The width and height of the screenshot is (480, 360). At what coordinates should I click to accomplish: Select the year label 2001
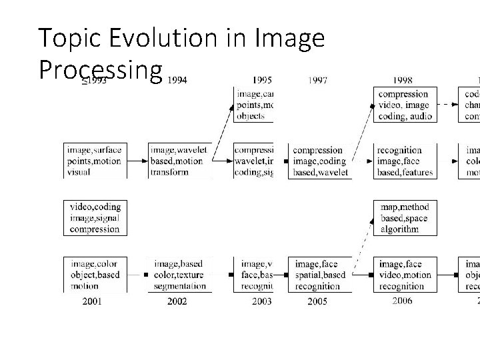click(92, 301)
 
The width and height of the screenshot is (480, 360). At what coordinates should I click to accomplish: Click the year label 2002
click(177, 301)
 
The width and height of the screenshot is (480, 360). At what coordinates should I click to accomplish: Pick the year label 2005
click(318, 302)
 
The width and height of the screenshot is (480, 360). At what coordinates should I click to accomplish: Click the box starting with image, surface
click(93, 161)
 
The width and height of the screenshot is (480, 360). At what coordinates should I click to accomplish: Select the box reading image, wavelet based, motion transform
click(179, 161)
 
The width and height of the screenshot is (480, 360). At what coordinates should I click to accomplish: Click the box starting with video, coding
click(93, 218)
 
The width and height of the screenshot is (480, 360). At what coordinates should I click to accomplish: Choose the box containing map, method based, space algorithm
click(403, 218)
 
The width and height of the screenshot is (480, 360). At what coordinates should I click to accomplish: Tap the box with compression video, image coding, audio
click(403, 105)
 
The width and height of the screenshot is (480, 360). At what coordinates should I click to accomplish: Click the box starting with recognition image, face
click(403, 161)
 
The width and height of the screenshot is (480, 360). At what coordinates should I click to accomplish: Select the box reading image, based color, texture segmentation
click(179, 275)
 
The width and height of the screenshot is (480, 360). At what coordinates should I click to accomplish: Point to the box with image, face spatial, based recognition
click(319, 275)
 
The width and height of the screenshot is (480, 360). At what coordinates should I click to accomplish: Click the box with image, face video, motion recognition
click(403, 275)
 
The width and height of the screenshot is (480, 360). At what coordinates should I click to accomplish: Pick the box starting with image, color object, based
click(93, 275)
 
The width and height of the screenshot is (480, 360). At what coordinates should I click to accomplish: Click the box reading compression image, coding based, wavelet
click(319, 161)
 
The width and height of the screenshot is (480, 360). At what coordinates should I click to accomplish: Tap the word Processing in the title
click(101, 69)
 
